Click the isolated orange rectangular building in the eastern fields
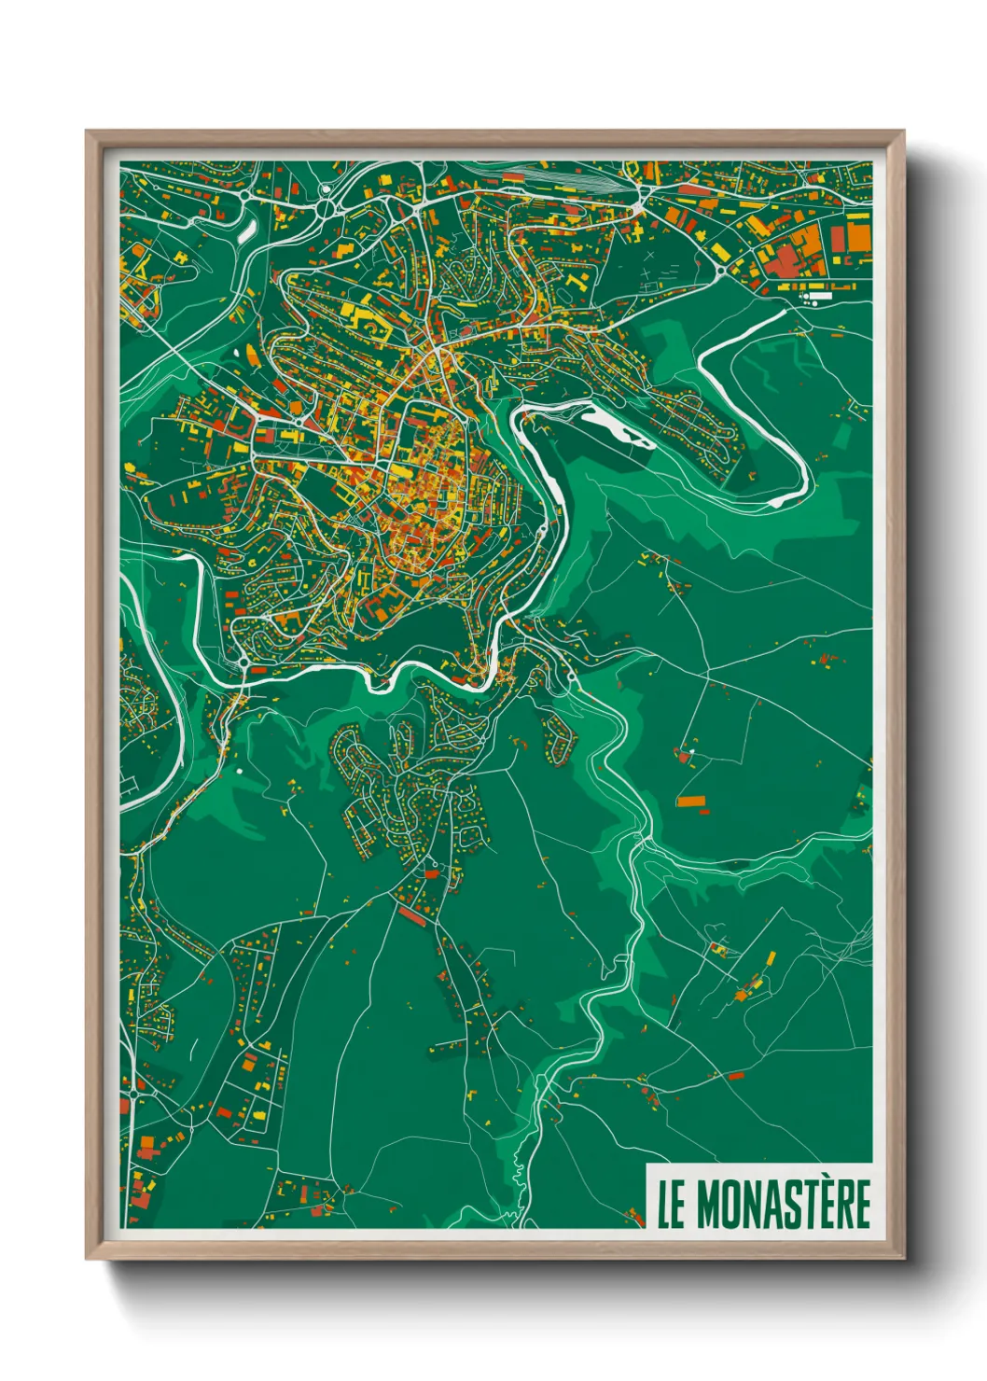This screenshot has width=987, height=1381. [691, 801]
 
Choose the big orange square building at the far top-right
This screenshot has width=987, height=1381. [857, 236]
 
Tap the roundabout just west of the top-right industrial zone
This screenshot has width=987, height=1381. [723, 272]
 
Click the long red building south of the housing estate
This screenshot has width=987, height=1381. [412, 916]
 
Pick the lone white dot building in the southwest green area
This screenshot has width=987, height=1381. [239, 772]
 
